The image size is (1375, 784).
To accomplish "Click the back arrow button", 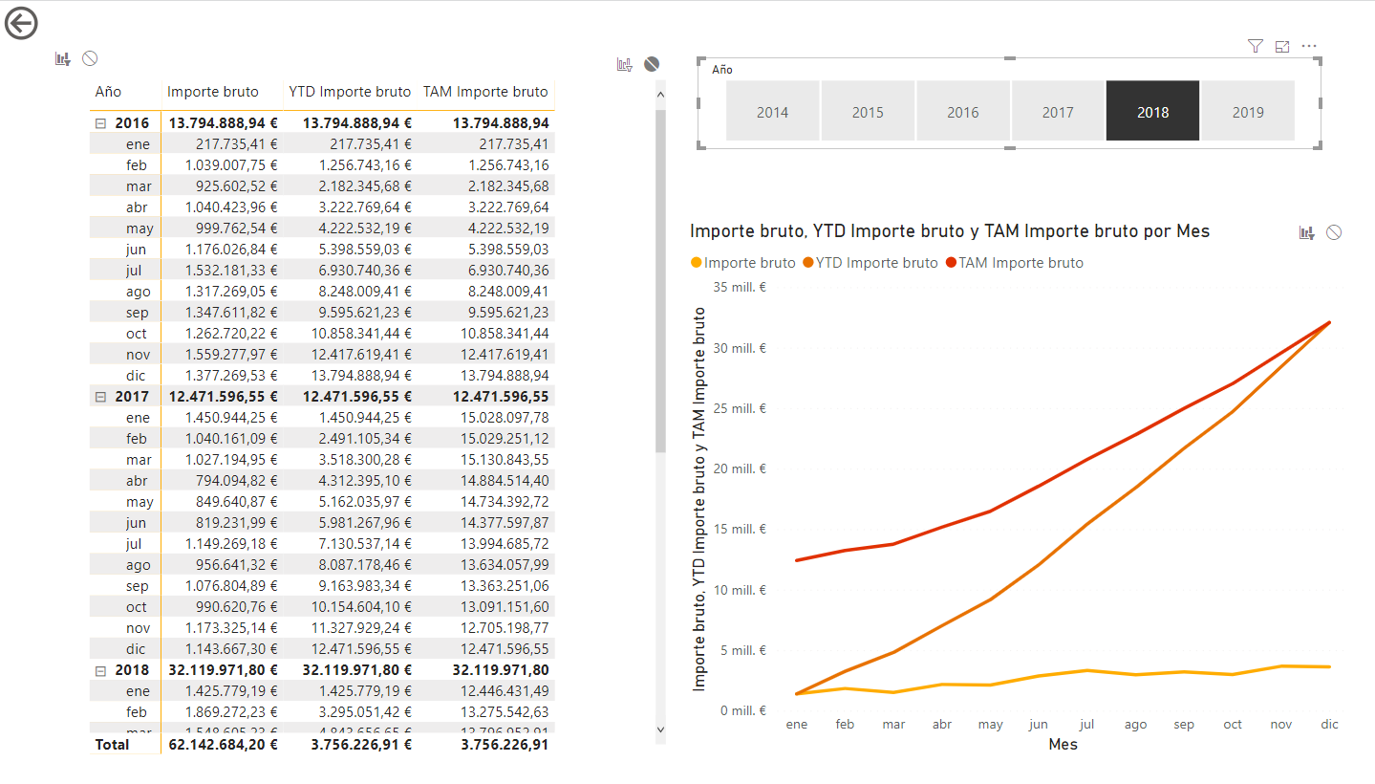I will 21,23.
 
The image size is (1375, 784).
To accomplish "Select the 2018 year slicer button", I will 1152,111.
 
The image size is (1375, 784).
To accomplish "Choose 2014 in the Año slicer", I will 772,111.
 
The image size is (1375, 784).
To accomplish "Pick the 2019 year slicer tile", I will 1247,111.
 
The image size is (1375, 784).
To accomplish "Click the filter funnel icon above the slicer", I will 1256,46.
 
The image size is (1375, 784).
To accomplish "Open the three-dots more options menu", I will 1309,46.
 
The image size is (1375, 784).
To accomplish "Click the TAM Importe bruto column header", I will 485,92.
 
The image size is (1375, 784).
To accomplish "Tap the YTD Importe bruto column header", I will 350,92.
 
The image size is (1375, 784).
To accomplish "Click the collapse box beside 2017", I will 100,397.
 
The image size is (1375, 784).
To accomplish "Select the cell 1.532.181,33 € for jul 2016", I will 231,271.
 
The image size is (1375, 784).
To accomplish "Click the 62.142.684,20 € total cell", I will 222,744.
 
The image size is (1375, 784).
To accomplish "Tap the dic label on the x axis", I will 1329,725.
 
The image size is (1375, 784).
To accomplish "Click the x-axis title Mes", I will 1063,744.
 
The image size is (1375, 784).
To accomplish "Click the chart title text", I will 949,231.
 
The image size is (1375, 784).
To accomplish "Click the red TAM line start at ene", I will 797,559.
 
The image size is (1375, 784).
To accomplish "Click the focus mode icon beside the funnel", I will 1282,46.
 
